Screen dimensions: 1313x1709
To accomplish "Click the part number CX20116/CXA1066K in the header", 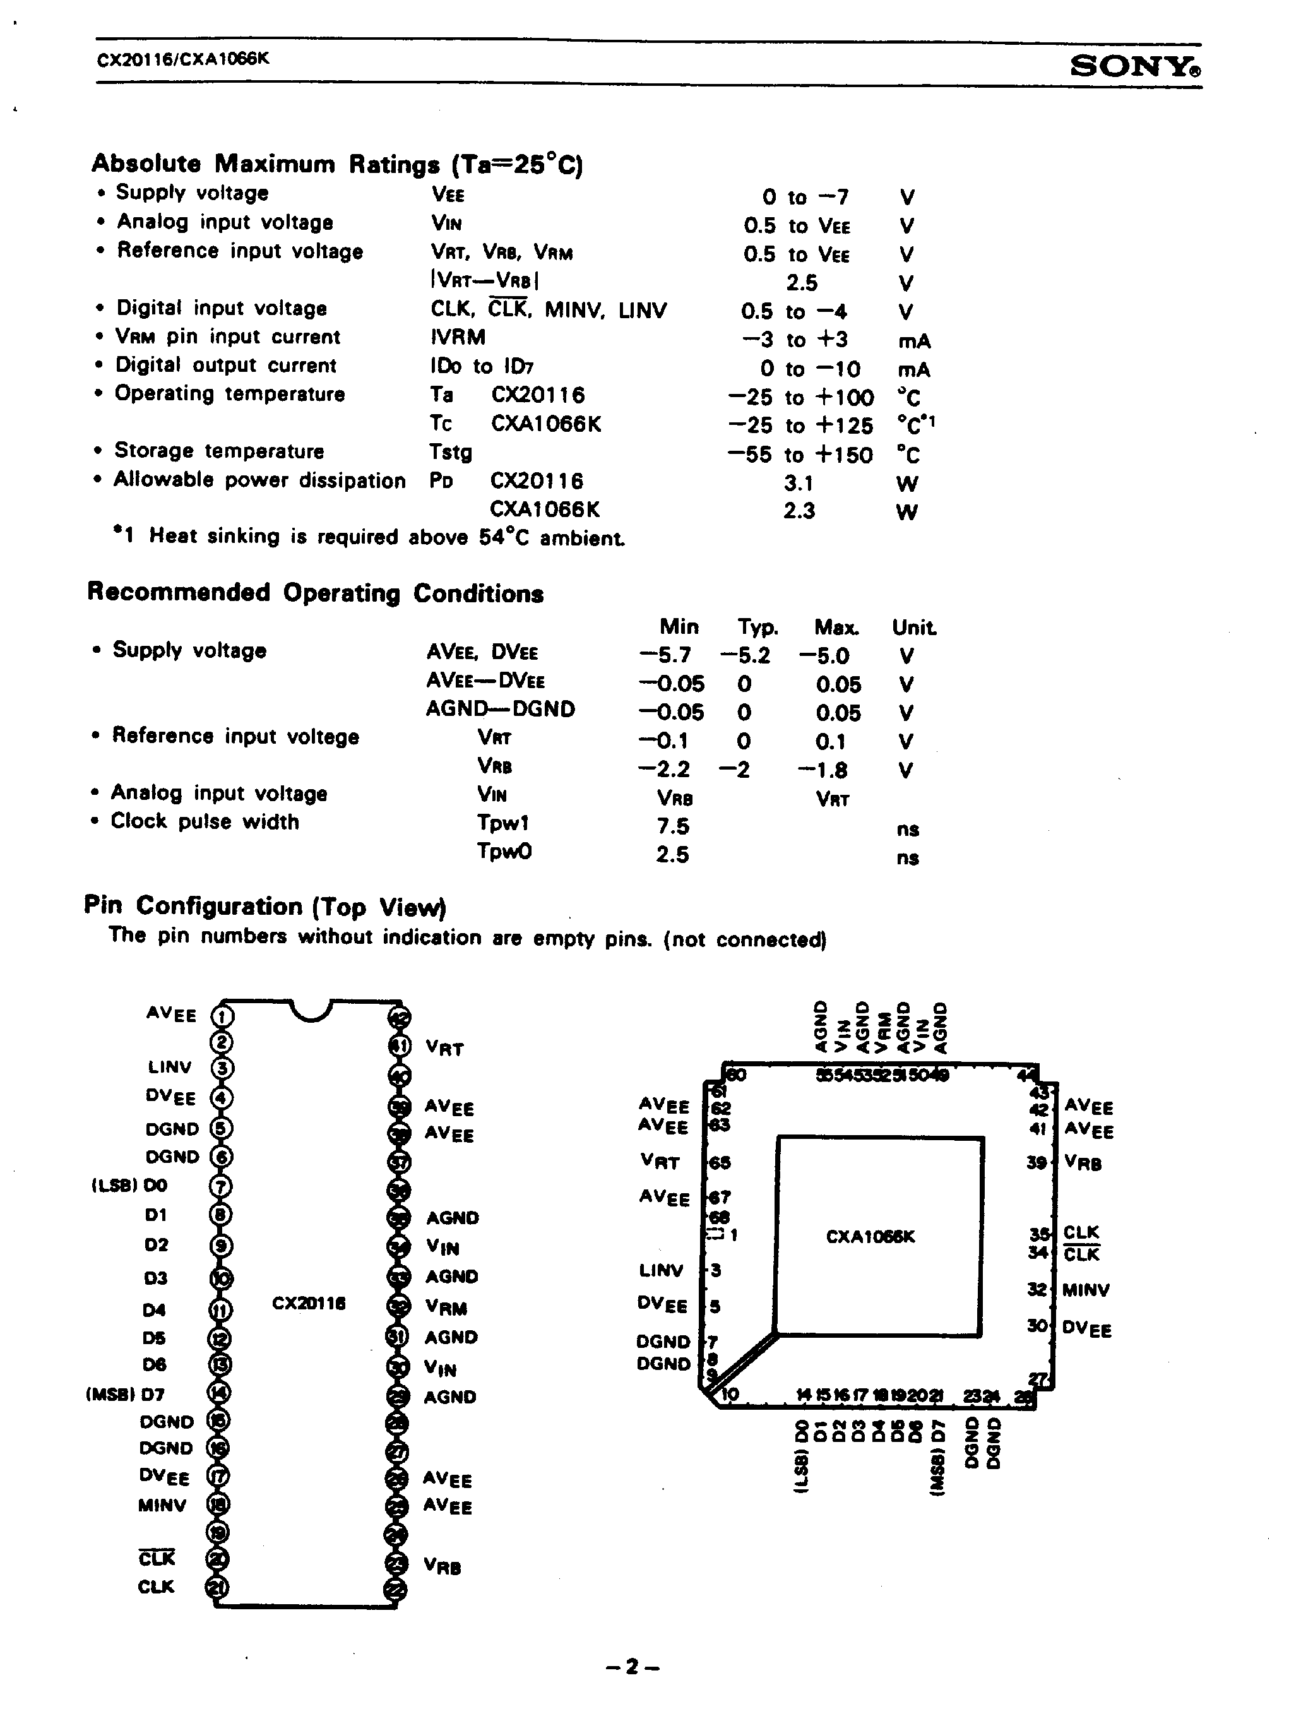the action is coord(183,59).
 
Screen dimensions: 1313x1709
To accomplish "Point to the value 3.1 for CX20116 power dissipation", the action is coord(799,484).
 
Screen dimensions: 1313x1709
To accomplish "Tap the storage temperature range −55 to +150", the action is coord(800,455).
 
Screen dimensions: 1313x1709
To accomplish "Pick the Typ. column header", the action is coord(757,628).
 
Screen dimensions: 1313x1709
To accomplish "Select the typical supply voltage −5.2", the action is coord(745,655).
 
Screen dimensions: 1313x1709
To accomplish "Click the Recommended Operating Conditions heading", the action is coord(315,593).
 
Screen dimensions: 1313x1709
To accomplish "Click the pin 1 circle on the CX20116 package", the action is coord(223,1016).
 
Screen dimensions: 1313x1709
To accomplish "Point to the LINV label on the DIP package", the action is coord(170,1068).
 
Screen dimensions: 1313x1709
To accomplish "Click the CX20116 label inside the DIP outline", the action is coord(309,1304).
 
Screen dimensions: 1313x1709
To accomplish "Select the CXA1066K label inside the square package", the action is coord(870,1237).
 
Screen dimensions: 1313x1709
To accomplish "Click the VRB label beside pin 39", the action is coord(1083,1164).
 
